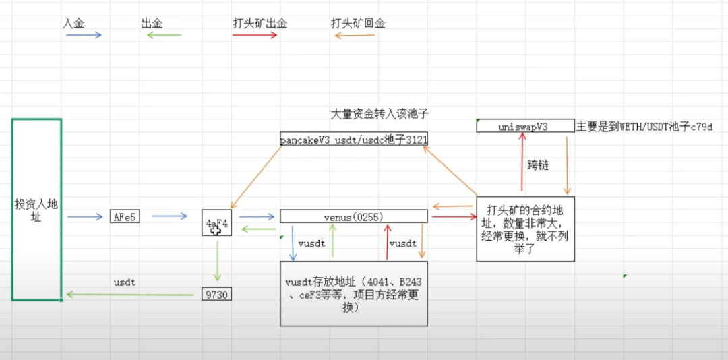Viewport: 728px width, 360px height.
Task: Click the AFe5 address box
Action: point(125,216)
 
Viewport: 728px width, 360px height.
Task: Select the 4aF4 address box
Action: point(216,223)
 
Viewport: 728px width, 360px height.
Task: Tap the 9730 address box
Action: point(216,294)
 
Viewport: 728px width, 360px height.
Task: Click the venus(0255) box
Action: point(353,216)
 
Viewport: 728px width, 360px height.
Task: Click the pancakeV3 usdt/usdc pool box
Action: point(354,139)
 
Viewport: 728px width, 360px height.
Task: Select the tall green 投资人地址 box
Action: point(37,209)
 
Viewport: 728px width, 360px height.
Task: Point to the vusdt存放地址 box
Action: point(354,294)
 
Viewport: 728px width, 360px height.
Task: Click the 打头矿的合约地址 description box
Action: point(525,229)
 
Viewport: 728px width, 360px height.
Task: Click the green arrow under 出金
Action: point(164,35)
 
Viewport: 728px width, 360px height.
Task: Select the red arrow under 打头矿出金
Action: point(255,35)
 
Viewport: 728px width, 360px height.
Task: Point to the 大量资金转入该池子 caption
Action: point(380,114)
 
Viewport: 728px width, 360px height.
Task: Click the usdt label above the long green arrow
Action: point(124,282)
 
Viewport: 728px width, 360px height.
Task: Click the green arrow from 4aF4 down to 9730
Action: point(217,260)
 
